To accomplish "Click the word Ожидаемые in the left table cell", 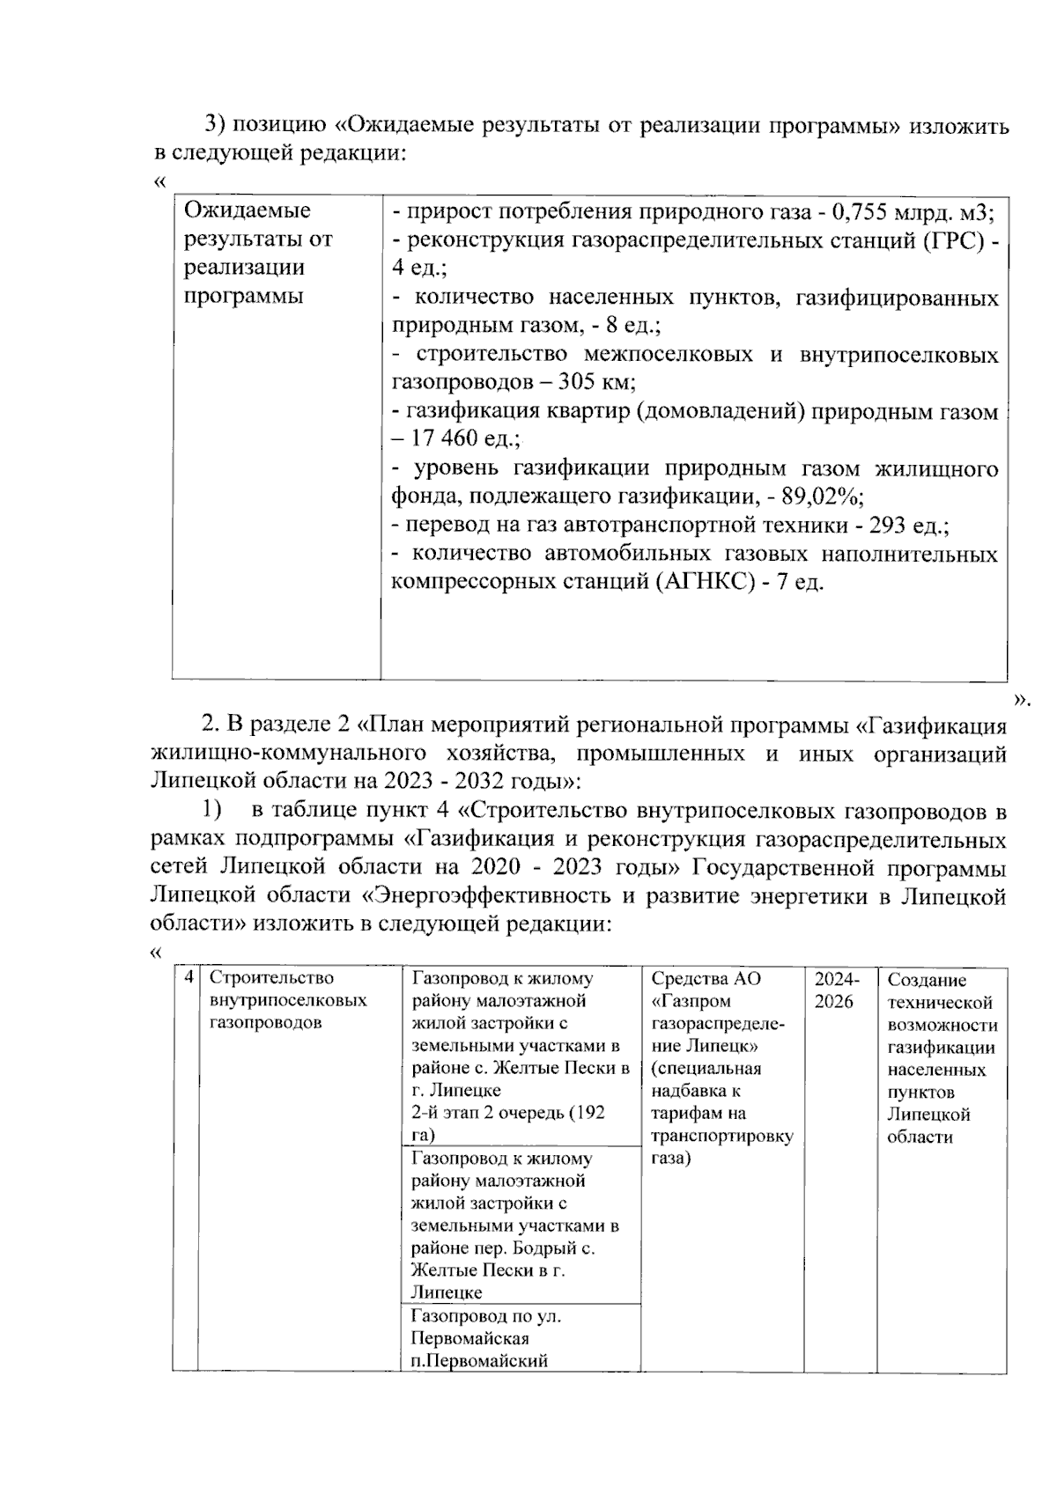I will tap(247, 211).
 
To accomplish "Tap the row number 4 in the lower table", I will tap(187, 978).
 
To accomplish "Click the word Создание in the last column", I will tap(927, 980).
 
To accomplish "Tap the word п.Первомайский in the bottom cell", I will tap(479, 1361).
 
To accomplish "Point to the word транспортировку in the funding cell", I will tap(721, 1136).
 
